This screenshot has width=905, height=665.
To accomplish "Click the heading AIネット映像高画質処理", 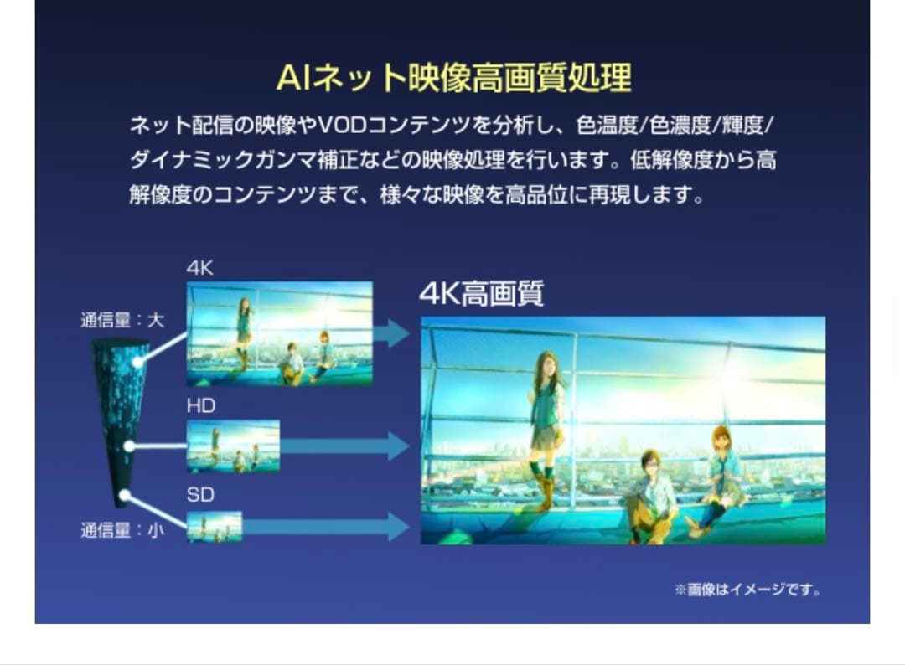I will pyautogui.click(x=453, y=78).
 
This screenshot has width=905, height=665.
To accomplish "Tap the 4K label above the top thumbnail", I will pyautogui.click(x=199, y=269).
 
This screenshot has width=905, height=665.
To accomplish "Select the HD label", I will pyautogui.click(x=200, y=406).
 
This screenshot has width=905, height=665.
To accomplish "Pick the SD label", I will pyautogui.click(x=199, y=495).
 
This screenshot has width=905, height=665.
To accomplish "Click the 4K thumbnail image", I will pyautogui.click(x=279, y=333).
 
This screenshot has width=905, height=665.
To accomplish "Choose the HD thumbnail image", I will pyautogui.click(x=233, y=446).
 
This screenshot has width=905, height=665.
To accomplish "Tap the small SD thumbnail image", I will pyautogui.click(x=214, y=527).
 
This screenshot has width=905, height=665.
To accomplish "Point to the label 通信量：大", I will pyautogui.click(x=122, y=320).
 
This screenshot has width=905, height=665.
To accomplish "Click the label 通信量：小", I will pyautogui.click(x=122, y=530).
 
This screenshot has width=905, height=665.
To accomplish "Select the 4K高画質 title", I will pyautogui.click(x=481, y=294).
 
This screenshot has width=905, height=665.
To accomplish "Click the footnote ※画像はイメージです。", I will pyautogui.click(x=747, y=590).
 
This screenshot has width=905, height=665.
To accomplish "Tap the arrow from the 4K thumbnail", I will pyautogui.click(x=391, y=333).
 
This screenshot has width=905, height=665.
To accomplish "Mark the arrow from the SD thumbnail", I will pyautogui.click(x=327, y=527).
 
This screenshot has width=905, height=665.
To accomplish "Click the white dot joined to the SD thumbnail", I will pyautogui.click(x=124, y=496).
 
